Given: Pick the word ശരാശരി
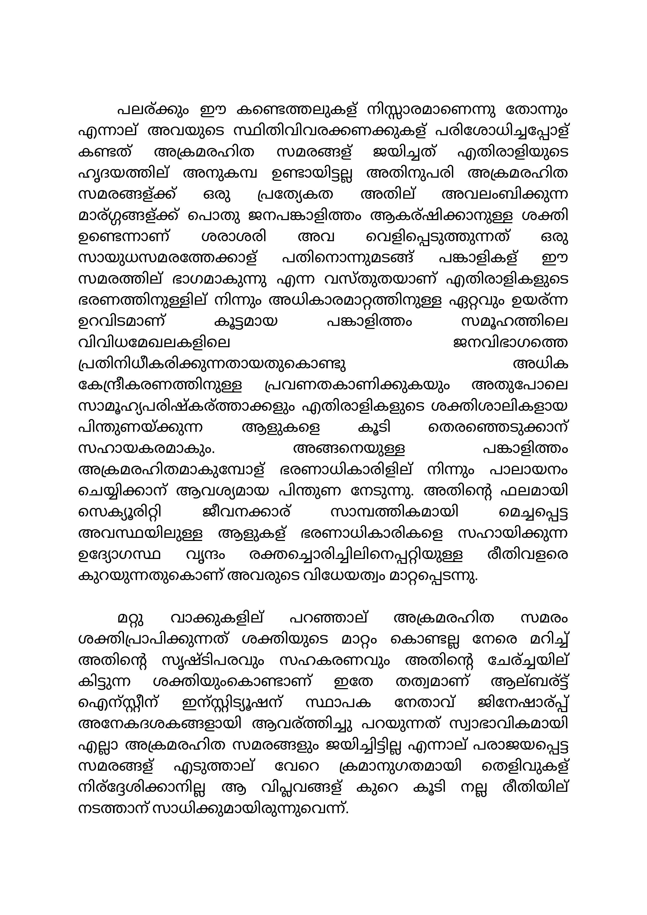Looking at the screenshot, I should point(234,238).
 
